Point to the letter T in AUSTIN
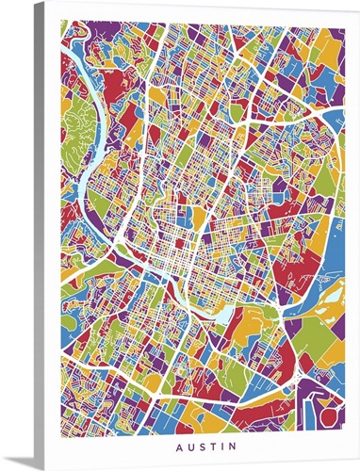coord(210,444)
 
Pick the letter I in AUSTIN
coord(220,444)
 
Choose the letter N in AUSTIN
coord(230,444)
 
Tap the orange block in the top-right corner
coord(330,42)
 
